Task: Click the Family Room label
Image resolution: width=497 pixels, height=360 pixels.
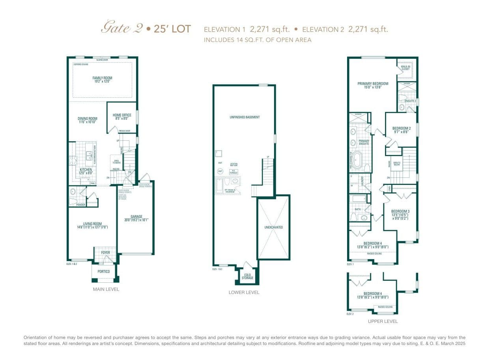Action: point(102,78)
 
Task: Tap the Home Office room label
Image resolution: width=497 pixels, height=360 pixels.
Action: point(122,115)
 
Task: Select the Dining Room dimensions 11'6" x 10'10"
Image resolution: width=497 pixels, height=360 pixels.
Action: point(88,122)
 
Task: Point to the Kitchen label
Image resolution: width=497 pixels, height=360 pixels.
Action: point(86,170)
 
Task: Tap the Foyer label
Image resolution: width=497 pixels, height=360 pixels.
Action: point(105,252)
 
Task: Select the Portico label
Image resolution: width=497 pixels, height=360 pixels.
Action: point(104,271)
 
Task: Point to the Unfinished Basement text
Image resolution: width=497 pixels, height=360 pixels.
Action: point(245,117)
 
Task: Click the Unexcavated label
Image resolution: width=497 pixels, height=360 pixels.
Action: point(273,227)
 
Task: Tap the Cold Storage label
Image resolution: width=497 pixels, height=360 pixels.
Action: point(247,276)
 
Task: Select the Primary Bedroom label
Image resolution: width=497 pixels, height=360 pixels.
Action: point(373,84)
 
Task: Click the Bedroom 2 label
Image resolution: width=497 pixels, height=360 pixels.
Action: point(402,128)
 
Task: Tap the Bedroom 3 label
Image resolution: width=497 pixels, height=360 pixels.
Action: point(400,211)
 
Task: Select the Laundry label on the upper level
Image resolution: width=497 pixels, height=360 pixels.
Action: point(362,181)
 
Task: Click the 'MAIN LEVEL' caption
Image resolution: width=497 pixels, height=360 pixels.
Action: point(106,289)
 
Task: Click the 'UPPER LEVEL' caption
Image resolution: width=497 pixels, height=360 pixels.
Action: point(383,321)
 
